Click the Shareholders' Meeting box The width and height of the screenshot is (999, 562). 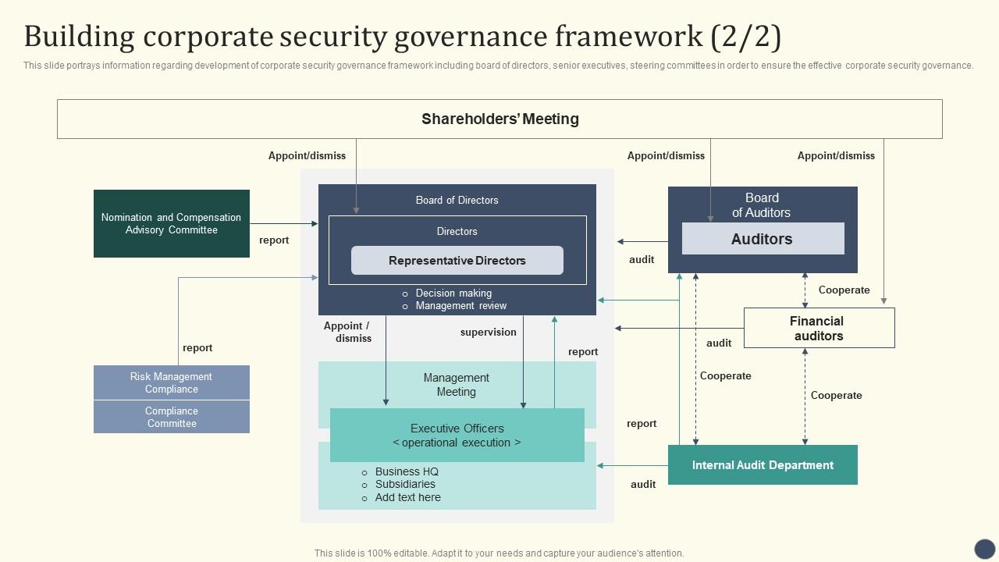(x=499, y=119)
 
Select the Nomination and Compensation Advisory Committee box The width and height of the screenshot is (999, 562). (x=172, y=223)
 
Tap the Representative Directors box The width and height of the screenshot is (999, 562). (x=457, y=261)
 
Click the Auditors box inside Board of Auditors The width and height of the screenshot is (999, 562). (x=763, y=239)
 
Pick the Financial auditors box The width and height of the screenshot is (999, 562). (x=819, y=328)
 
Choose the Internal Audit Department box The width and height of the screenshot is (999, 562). (x=763, y=465)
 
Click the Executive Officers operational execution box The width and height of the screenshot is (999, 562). (x=457, y=435)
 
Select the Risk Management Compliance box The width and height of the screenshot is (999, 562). (x=172, y=382)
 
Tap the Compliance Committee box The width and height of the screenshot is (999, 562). (x=172, y=417)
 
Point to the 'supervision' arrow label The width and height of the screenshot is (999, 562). (x=489, y=333)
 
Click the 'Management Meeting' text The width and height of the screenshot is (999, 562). (x=457, y=385)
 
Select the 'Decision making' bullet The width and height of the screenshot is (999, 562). (x=453, y=293)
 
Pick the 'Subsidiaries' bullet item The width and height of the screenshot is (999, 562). (x=405, y=484)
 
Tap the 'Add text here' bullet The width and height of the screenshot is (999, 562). (x=407, y=497)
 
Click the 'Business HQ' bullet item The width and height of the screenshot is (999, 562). (x=407, y=471)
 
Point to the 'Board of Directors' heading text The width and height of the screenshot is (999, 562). (x=457, y=200)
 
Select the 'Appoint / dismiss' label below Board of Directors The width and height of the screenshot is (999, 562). (x=347, y=332)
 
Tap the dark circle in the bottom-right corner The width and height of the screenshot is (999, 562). (x=985, y=549)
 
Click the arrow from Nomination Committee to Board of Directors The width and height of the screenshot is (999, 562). (x=284, y=224)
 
